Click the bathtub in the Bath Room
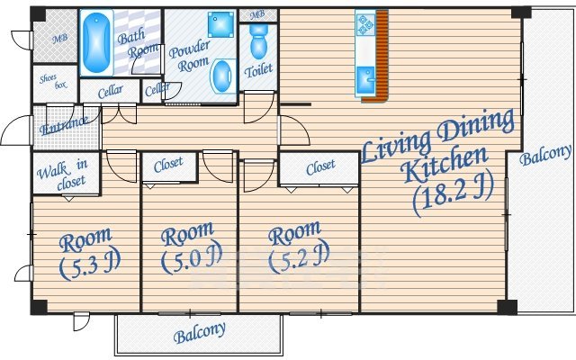coord(96,42)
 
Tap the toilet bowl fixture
coord(259,41)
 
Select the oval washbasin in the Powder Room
coord(222,76)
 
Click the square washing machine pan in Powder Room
coord(220,24)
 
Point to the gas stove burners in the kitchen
coord(365,25)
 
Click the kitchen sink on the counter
coord(365,80)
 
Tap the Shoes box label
coord(54,81)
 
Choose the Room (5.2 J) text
coord(297,246)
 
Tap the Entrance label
coord(64,125)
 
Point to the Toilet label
coord(259,70)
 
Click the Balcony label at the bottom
coord(200,333)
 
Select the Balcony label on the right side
coord(546,155)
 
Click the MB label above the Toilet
coord(257,15)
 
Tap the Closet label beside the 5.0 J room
coord(168,165)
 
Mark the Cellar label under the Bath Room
coord(110,92)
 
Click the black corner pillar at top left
coord(38,14)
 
